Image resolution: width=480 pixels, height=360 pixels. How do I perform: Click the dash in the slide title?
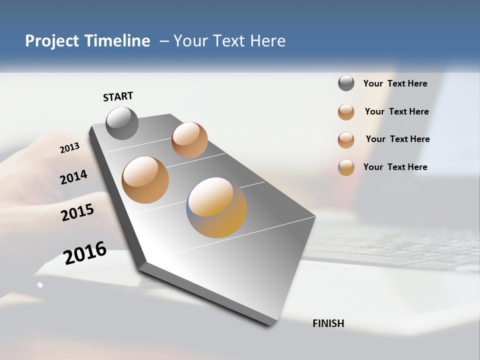pyautogui.click(x=164, y=41)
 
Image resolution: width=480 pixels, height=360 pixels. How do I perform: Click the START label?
pyautogui.click(x=118, y=96)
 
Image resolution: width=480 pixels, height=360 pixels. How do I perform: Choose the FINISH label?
pyautogui.click(x=328, y=323)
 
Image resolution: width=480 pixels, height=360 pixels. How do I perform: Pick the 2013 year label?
pyautogui.click(x=69, y=148)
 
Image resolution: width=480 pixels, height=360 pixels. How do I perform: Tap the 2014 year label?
pyautogui.click(x=73, y=177)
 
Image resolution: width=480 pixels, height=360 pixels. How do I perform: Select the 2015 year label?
pyautogui.click(x=77, y=212)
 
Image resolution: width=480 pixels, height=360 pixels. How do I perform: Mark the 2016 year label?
pyautogui.click(x=85, y=252)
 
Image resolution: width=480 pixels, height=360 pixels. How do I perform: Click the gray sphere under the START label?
pyautogui.click(x=122, y=123)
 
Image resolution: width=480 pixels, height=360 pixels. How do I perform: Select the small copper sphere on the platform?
pyautogui.click(x=189, y=139)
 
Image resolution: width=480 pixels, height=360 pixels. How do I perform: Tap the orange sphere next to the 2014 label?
pyautogui.click(x=145, y=179)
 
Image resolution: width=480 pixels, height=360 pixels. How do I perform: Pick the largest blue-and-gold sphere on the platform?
pyautogui.click(x=216, y=207)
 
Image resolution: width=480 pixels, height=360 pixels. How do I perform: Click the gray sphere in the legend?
pyautogui.click(x=346, y=83)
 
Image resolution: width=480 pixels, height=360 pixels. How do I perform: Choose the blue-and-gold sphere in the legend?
pyautogui.click(x=346, y=167)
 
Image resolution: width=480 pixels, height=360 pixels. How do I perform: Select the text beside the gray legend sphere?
pyautogui.click(x=395, y=84)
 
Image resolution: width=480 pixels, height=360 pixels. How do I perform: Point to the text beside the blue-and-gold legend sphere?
pyautogui.click(x=395, y=167)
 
